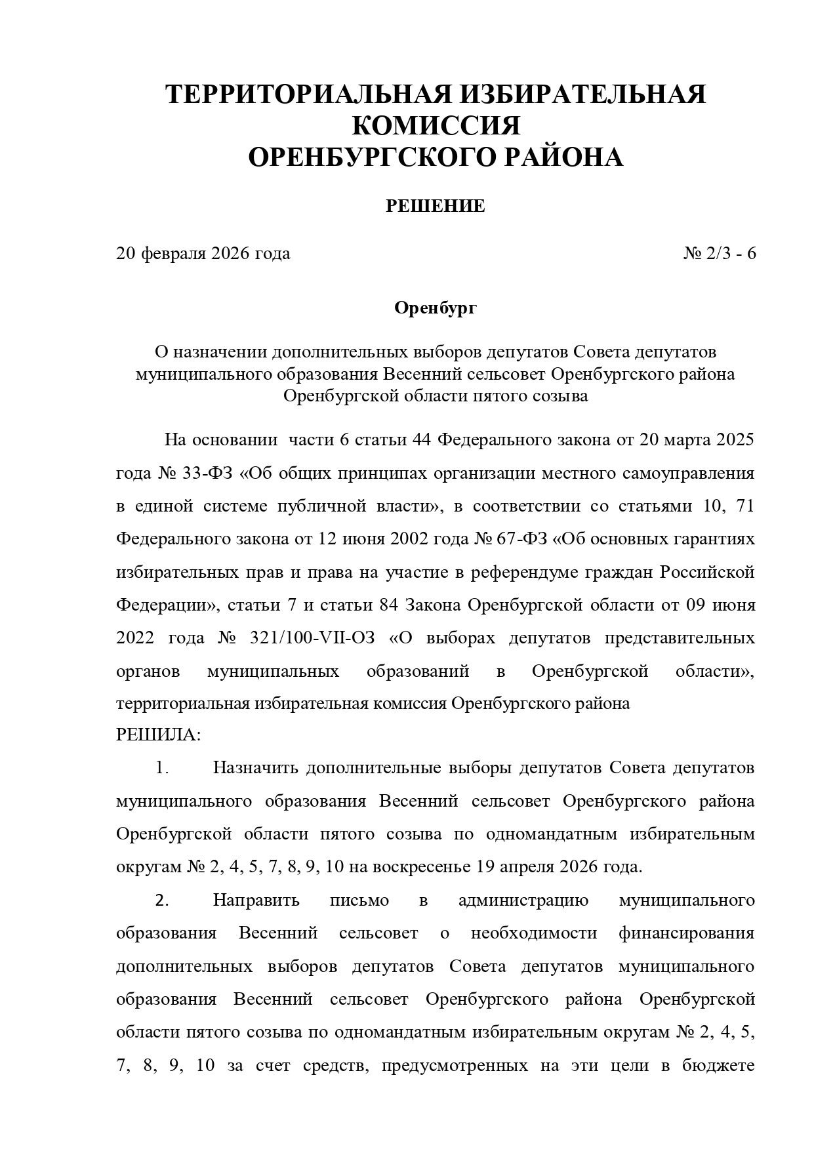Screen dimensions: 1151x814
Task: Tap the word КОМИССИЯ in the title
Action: coord(436,126)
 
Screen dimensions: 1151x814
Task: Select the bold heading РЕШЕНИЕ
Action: coord(435,207)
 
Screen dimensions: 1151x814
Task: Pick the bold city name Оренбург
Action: coord(435,308)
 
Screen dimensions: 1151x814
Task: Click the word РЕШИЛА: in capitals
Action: coord(158,735)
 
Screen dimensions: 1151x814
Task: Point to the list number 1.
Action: coord(161,768)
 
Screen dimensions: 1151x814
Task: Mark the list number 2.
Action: coord(161,900)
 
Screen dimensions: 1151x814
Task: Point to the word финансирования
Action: coord(686,933)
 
